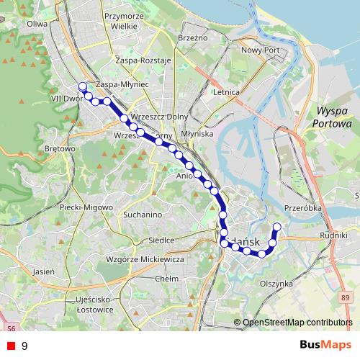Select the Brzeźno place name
coord(192,37)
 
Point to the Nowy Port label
coord(260,50)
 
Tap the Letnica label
coord(226,93)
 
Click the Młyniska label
coord(197,134)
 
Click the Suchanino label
coord(142,215)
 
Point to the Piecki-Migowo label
coord(86,207)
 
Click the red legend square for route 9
coord(11,346)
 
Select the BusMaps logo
coord(325,345)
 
